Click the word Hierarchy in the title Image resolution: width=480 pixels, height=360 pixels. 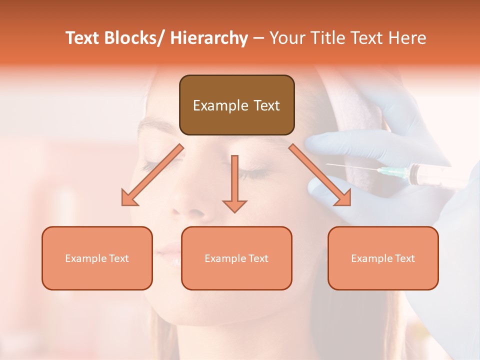coord(209,38)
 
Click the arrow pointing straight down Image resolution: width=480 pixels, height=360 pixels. coord(234,185)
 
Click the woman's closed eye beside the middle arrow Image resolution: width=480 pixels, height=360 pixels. coord(250,173)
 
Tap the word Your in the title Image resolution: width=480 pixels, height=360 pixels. coord(284,38)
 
